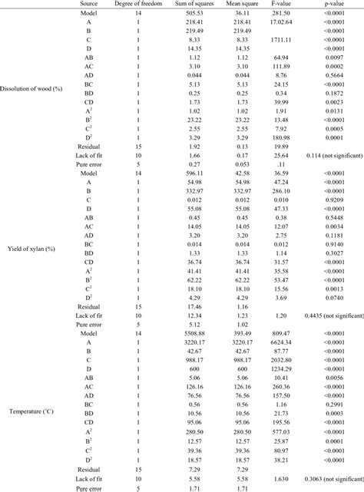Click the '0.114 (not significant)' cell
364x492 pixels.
click(324, 154)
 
